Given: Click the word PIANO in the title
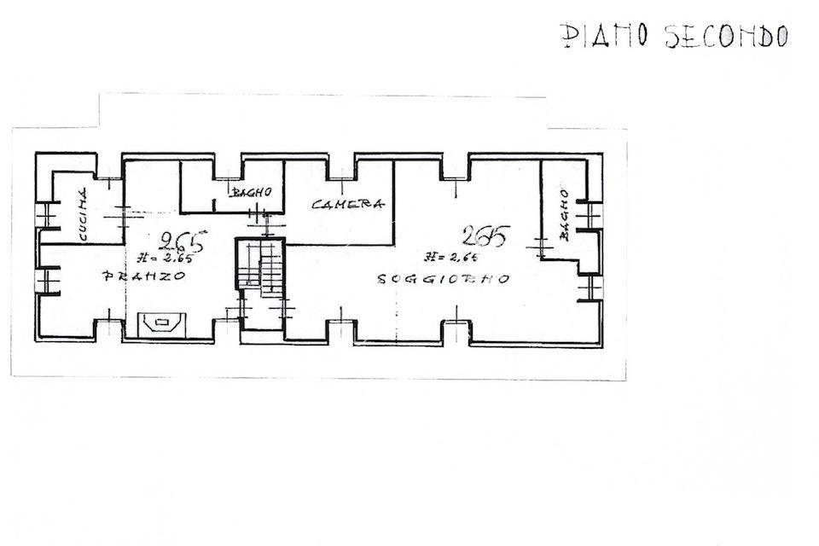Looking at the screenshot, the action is tap(605, 36).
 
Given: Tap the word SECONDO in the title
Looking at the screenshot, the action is tap(726, 37).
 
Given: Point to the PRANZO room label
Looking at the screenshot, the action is tap(144, 276).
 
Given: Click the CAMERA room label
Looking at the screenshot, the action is tap(348, 204).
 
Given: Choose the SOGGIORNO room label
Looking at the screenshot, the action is tap(443, 279).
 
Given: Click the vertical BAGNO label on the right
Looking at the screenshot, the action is tap(564, 214).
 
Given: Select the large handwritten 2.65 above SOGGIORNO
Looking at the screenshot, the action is tap(485, 235).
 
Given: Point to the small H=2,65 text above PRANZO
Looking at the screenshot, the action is tap(166, 258).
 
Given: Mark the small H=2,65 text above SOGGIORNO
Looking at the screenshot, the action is tap(451, 257).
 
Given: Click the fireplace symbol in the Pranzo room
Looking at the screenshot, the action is tap(162, 323).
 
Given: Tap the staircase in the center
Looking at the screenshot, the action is tap(260, 266).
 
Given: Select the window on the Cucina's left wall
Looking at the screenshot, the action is tap(47, 215).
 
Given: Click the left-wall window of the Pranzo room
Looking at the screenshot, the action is tap(47, 282).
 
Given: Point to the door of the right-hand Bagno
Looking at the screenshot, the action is tap(542, 247).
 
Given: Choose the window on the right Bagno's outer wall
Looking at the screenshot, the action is tap(590, 214).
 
